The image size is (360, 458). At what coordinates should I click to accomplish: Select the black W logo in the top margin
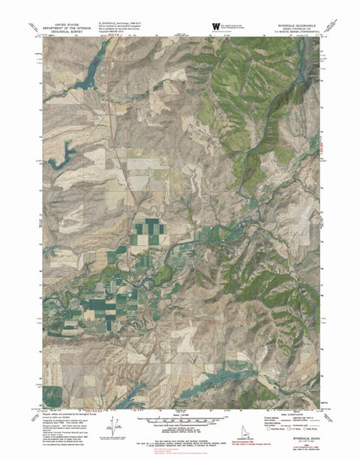coord(216,26)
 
